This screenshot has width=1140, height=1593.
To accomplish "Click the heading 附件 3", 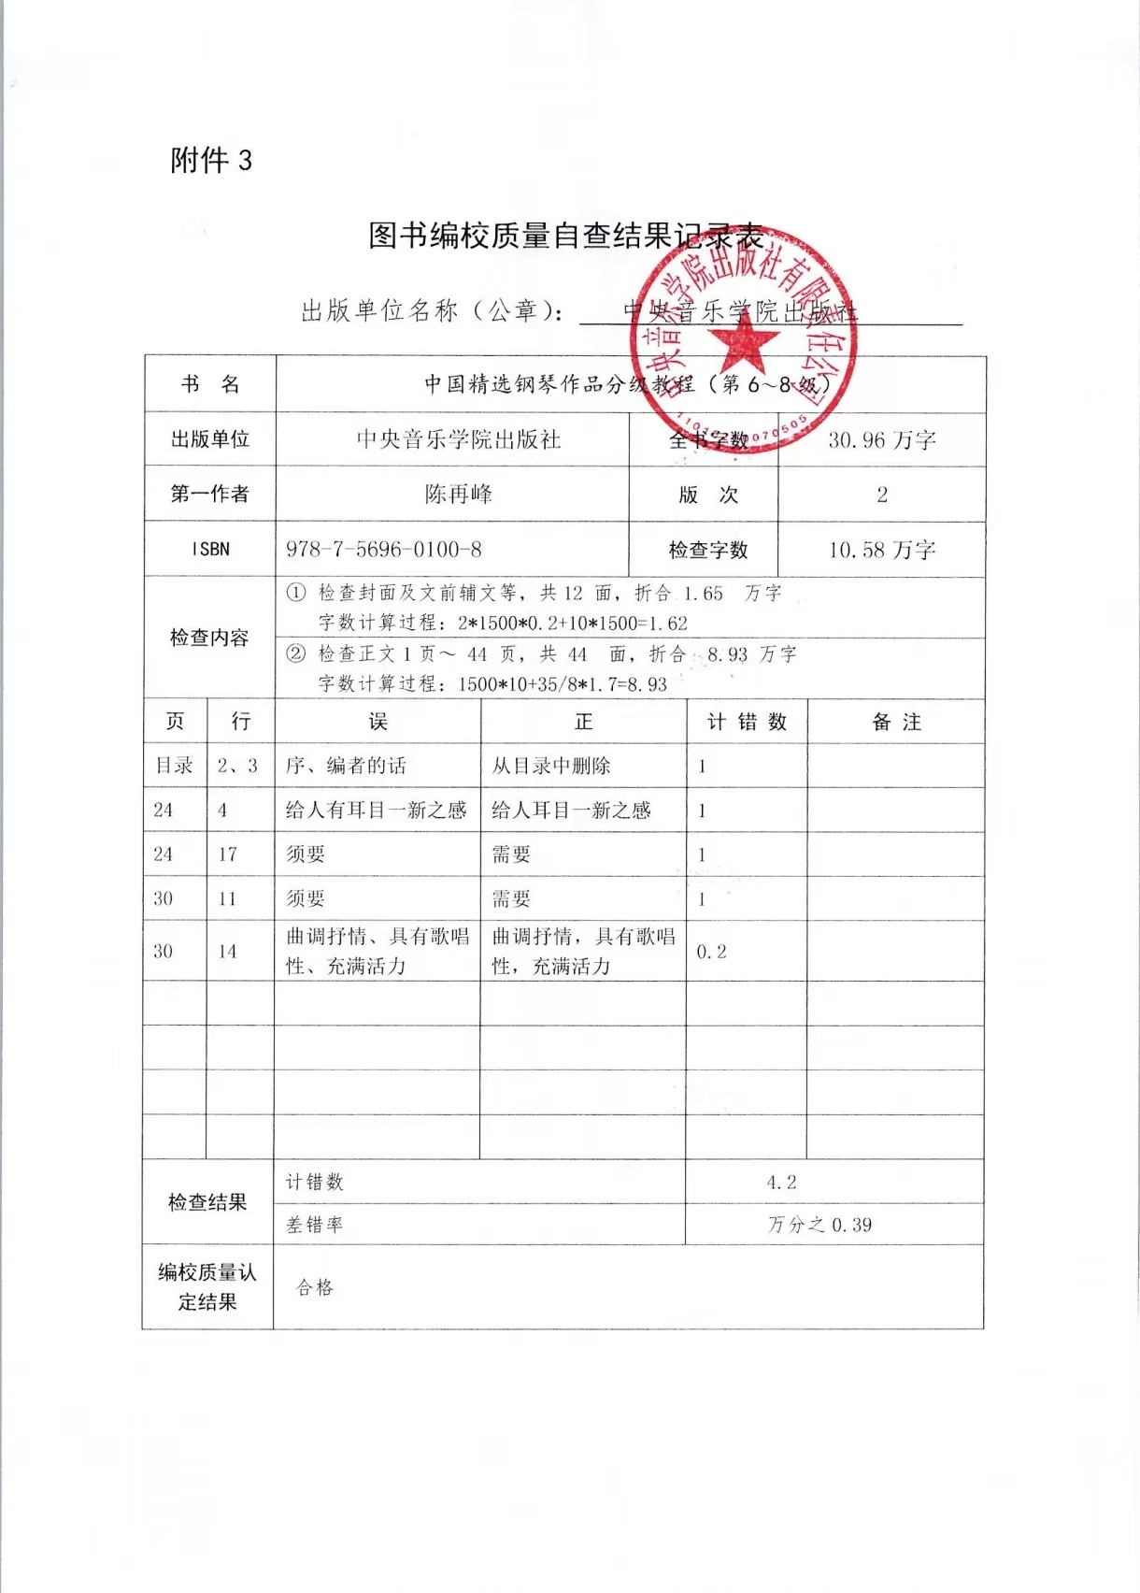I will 211,161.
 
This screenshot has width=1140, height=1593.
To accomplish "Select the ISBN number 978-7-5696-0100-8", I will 384,549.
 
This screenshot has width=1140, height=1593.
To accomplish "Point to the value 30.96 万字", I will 881,439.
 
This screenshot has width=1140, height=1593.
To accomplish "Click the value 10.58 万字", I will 881,550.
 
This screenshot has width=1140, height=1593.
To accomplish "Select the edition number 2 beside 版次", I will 881,495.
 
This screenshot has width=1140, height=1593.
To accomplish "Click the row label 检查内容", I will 209,638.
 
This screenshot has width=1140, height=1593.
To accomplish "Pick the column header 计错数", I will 746,722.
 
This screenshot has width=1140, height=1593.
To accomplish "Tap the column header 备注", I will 896,722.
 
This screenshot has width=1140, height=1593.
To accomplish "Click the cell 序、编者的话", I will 346,766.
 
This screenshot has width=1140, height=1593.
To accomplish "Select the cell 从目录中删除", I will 551,766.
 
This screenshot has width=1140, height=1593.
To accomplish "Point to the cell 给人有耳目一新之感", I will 376,810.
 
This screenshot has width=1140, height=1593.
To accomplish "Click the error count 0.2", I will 711,951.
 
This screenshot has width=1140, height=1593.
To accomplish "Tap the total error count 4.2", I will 781,1182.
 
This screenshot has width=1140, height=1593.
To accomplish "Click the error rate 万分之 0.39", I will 819,1225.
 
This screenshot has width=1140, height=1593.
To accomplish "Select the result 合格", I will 315,1287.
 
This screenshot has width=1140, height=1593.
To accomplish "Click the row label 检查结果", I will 207,1202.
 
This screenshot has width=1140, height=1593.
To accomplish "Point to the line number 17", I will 227,854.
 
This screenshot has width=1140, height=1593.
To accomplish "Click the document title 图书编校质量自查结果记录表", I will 565,236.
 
